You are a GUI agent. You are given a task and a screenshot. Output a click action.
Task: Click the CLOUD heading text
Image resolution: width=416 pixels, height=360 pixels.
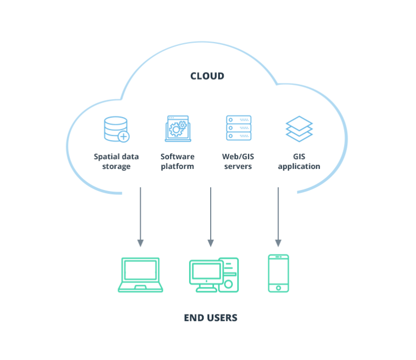[x=207, y=76]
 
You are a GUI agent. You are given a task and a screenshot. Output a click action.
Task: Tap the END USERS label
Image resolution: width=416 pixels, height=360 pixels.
[x=210, y=318]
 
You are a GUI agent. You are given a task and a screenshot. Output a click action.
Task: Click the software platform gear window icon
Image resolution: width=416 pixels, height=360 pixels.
[x=177, y=129]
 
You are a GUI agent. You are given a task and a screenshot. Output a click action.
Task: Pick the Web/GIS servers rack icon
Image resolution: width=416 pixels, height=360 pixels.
[x=238, y=129]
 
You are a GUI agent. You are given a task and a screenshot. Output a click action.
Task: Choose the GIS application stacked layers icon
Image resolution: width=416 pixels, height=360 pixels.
[x=299, y=129]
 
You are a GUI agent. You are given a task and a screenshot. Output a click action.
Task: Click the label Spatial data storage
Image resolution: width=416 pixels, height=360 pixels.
[x=116, y=161]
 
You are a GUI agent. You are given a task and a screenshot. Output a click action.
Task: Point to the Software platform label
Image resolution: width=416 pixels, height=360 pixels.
[x=177, y=161]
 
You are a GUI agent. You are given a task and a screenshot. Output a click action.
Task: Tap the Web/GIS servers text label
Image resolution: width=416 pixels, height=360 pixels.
[x=238, y=161]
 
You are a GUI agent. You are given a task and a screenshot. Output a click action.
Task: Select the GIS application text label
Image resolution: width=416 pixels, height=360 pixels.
[x=299, y=161]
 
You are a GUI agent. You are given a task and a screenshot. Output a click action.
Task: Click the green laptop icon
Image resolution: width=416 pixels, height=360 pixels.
[x=140, y=275]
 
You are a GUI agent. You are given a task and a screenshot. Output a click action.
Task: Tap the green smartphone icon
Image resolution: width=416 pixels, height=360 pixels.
[x=278, y=273]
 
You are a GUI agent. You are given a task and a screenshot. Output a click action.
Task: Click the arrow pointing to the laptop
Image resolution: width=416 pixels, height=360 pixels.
[x=140, y=217]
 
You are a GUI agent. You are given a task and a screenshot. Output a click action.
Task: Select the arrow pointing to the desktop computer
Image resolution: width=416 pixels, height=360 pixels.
[x=211, y=217]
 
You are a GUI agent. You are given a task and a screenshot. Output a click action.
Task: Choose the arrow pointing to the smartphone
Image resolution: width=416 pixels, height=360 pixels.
[x=278, y=217]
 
